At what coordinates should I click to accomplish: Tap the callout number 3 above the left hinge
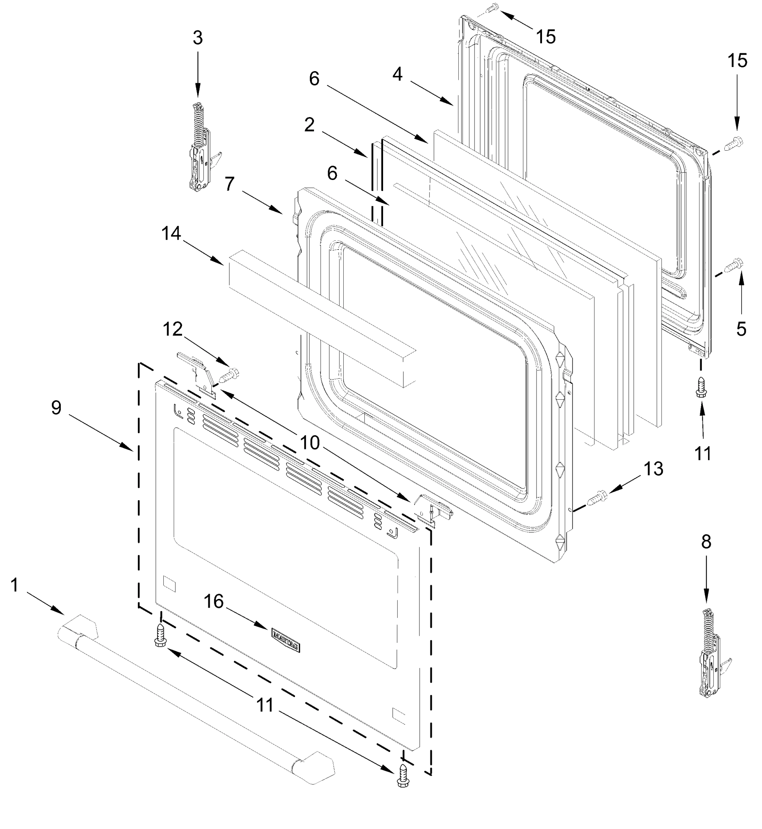click(198, 38)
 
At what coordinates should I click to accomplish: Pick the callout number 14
click(171, 234)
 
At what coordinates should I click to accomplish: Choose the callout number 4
click(397, 74)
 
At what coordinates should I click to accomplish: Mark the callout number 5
click(741, 330)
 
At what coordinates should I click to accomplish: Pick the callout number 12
click(172, 329)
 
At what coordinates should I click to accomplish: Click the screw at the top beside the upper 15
click(492, 8)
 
